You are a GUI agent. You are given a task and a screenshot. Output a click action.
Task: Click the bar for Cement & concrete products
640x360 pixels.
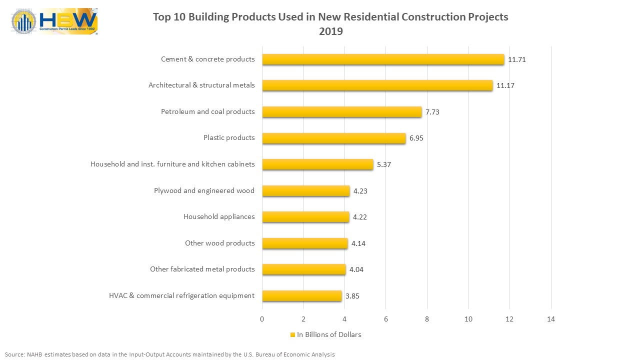pos(383,59)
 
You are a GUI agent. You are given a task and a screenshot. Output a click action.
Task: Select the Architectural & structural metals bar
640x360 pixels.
pos(377,85)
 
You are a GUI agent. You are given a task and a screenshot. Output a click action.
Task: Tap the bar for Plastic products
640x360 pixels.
pos(333,138)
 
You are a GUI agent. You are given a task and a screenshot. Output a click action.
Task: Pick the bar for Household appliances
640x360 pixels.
pos(305,217)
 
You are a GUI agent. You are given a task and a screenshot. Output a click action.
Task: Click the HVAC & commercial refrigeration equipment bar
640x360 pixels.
pos(301,295)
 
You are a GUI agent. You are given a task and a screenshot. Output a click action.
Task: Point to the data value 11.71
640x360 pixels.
pos(516,59)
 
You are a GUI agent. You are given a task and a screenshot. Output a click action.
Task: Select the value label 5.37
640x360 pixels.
pos(383,164)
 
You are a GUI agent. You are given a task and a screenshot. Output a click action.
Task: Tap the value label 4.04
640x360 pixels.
pos(356,269)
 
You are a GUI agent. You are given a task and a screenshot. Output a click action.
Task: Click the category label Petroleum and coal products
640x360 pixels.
pos(207,111)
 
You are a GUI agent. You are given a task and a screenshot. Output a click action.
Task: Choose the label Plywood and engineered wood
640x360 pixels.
pos(204,190)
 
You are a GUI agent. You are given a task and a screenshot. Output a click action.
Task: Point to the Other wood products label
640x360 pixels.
pos(219,243)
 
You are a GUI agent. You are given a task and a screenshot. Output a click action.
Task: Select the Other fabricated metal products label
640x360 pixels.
pos(202,269)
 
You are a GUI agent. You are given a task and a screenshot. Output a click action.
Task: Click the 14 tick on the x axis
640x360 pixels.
pos(551,319)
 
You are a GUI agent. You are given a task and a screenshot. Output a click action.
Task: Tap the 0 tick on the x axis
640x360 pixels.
pos(262,319)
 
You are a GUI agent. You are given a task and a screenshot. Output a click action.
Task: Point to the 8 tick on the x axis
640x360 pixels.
pos(427,319)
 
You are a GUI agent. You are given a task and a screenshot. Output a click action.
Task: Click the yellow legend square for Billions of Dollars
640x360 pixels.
pos(292,335)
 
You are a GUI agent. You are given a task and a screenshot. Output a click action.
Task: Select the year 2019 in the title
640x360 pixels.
pos(330,31)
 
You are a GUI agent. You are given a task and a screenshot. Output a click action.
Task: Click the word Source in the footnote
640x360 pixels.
pos(14,354)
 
